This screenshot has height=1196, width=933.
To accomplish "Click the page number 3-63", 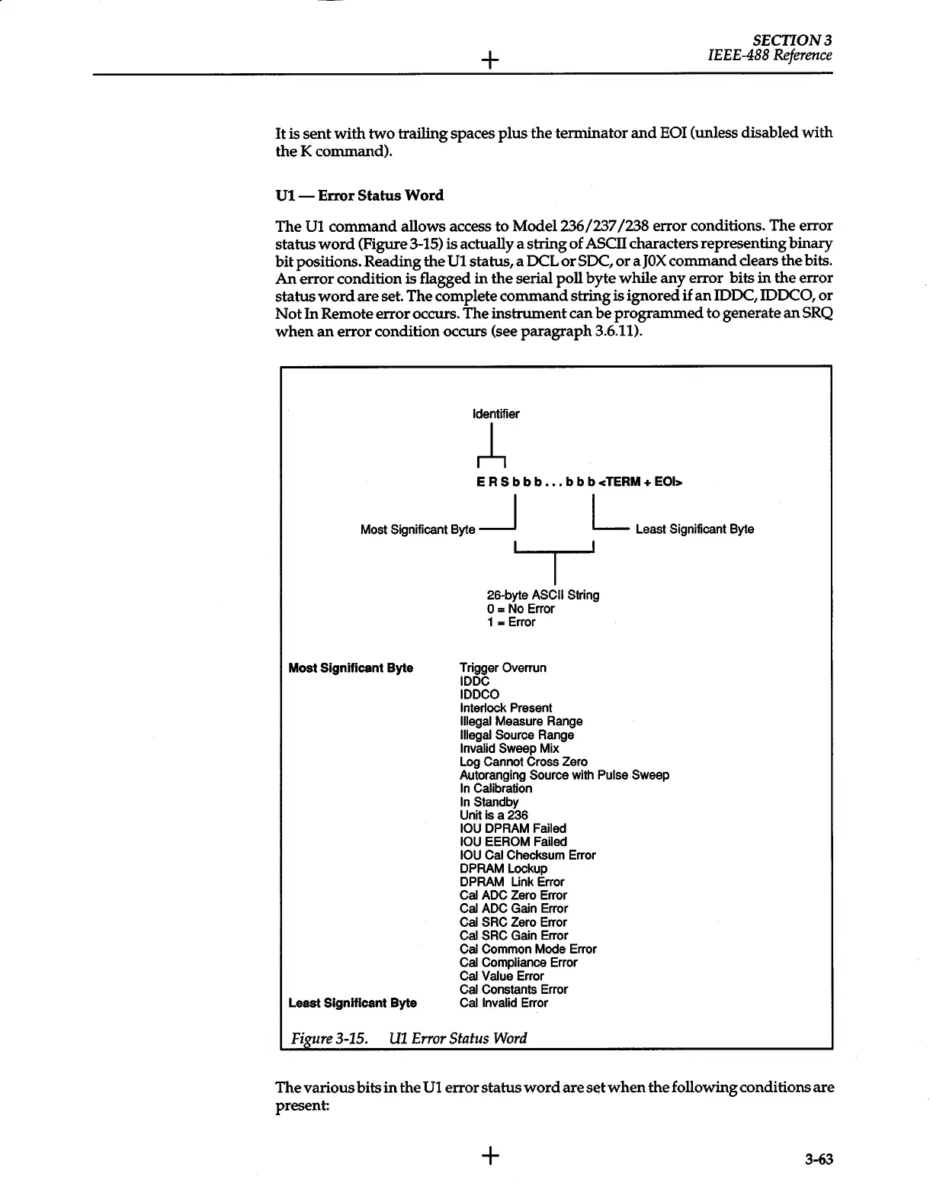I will tap(819, 1160).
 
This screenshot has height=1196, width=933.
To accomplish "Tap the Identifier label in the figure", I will tap(495, 414).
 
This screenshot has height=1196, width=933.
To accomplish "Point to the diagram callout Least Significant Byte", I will tap(694, 529).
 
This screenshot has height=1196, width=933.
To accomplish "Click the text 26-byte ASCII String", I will tap(543, 595).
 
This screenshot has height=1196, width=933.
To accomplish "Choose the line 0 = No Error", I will tap(521, 609).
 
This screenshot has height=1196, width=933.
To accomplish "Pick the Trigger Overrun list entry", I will tap(503, 668).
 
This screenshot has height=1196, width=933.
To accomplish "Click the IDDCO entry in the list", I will tap(479, 695).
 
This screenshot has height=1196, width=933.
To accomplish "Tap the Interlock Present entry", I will tap(505, 708).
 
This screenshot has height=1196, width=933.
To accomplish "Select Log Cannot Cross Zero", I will tap(524, 762).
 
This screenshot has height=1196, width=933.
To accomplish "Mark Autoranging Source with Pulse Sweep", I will tap(564, 775).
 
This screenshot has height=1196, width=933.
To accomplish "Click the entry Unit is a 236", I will tap(493, 815).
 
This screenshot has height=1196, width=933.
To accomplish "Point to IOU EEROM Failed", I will tap(513, 842).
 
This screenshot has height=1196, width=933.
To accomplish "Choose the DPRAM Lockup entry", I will tap(503, 869).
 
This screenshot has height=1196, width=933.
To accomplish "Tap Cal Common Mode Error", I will tap(527, 950).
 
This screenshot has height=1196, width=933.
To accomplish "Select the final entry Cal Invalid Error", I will tap(504, 1003).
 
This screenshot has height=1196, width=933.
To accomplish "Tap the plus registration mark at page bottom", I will tap(490, 1156).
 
